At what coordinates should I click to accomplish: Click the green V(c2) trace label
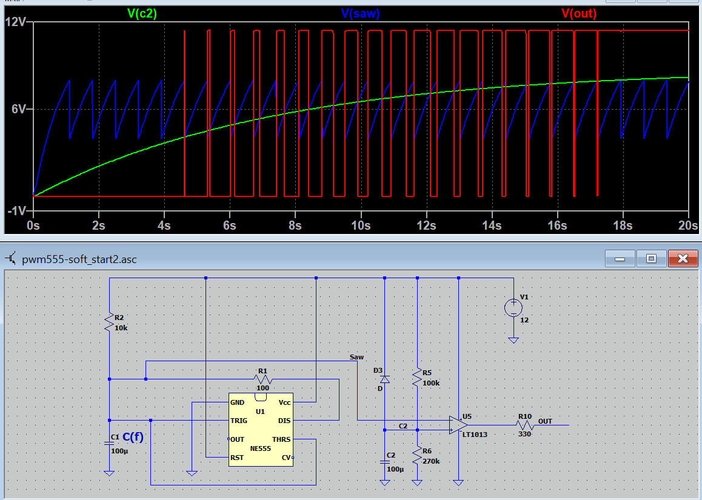pos(142,14)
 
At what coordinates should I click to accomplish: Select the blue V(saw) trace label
pos(361,14)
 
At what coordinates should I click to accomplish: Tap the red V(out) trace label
pos(579,14)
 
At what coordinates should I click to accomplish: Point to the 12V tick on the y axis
pos(16,21)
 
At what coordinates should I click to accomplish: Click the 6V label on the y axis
pos(19,109)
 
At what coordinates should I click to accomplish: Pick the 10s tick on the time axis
pos(361,225)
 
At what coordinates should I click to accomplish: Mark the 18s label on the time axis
pos(623,225)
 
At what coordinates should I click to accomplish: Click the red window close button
pos(683,258)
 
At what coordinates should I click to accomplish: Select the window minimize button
pos(620,258)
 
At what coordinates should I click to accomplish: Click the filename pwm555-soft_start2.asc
pos(79,259)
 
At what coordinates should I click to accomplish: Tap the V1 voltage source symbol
pos(513,308)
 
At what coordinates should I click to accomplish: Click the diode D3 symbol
pos(384,379)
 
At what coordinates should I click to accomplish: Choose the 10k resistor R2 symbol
pos(109,322)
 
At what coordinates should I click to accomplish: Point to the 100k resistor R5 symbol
pos(417,378)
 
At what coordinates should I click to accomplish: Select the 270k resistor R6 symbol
pos(417,456)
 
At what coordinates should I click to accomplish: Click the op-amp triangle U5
pos(458,425)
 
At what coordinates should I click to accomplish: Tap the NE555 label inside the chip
pos(261,448)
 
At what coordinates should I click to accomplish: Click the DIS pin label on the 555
pos(284,421)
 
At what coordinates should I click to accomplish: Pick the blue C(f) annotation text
pos(133,437)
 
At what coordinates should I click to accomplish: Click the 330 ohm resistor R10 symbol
pos(524,425)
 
